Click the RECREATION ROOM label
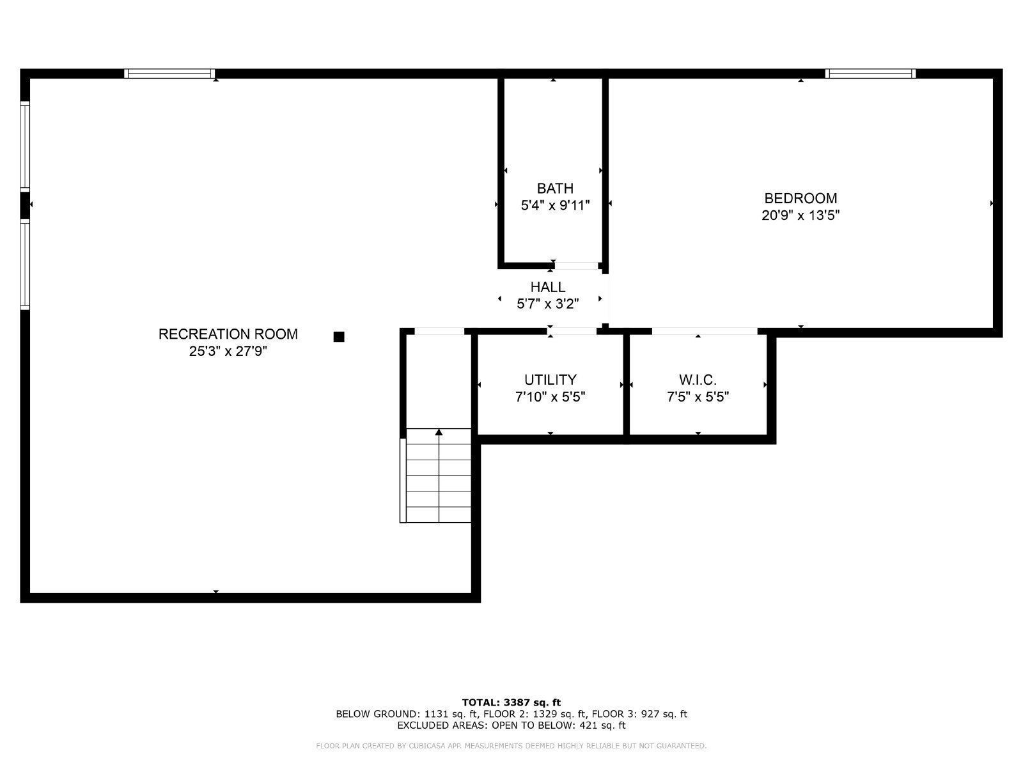228,334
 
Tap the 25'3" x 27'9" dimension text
228,351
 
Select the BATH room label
555,189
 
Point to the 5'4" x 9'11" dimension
555,206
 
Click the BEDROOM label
800,198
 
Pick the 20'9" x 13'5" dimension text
800,215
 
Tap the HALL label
548,287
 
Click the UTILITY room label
551,380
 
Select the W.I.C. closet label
698,380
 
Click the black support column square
339,337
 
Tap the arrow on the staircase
439,433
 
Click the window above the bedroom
870,74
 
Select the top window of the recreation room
169,74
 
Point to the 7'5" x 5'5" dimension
698,397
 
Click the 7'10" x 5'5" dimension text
551,397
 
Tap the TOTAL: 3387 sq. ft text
511,702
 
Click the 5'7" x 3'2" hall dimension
548,304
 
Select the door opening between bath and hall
576,266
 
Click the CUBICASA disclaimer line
511,746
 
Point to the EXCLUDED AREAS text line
511,725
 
